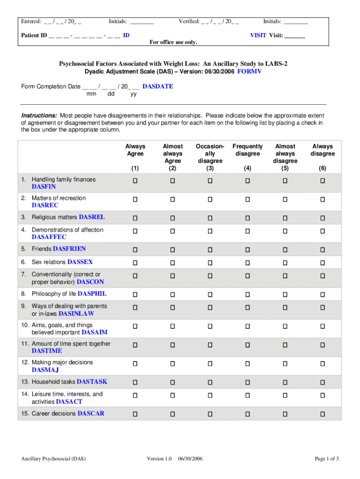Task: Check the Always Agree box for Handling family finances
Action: [x=135, y=180]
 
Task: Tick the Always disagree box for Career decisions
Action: [x=323, y=414]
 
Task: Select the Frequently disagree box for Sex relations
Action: [x=248, y=262]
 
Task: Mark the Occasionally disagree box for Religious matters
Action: [x=210, y=218]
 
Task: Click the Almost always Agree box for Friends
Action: [x=173, y=249]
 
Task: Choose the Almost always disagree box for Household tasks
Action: [x=285, y=382]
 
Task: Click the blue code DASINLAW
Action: [x=76, y=314]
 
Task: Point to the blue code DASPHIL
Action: [x=92, y=294]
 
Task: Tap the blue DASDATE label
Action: [x=158, y=87]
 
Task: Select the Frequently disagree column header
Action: [x=248, y=150]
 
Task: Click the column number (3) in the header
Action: [x=210, y=168]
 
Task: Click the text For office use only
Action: [x=173, y=43]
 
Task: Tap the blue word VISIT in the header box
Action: [x=258, y=35]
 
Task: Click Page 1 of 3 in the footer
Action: [x=327, y=459]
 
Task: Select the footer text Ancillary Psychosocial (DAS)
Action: [x=53, y=459]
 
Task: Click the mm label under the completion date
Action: [x=92, y=94]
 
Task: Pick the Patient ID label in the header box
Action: [x=34, y=35]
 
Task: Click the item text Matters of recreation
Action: [x=58, y=198]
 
